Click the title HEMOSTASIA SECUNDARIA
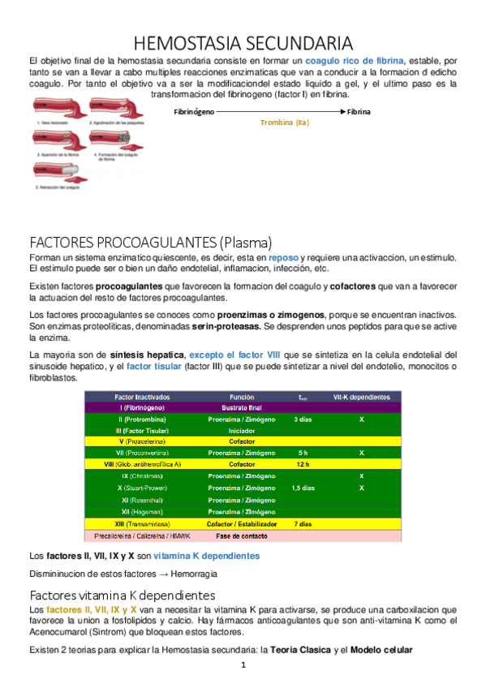(242, 42)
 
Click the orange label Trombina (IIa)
(285, 123)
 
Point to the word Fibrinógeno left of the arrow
(195, 111)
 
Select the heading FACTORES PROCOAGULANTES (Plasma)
(150, 242)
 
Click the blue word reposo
(284, 257)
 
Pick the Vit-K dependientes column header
(361, 397)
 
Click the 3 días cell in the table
(302, 419)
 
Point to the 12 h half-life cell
(302, 464)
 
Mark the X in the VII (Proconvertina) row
(361, 453)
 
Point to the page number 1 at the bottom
(242, 665)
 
